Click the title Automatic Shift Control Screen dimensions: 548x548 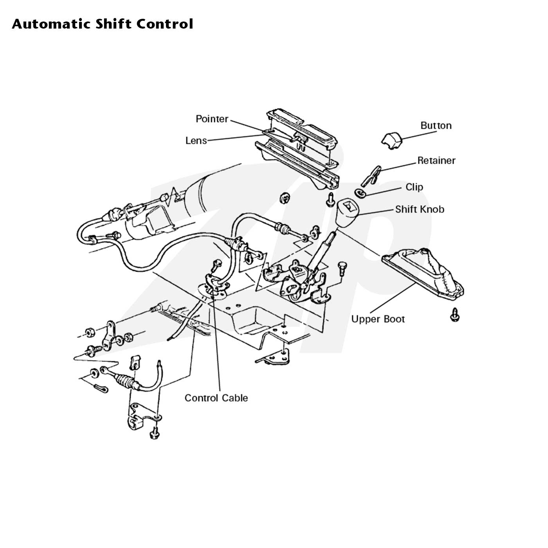point(103,24)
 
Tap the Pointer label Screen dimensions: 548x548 point(212,119)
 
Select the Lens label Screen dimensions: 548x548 point(196,141)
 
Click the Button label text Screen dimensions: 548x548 point(436,126)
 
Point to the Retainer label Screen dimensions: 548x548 point(436,160)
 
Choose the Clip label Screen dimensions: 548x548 point(415,187)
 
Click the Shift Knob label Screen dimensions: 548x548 point(420,209)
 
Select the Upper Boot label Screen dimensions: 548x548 point(378,319)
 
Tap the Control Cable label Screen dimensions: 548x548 point(216,398)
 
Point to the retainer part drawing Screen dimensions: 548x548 point(371,176)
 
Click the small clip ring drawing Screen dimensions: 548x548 point(360,193)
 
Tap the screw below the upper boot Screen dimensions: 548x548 point(455,315)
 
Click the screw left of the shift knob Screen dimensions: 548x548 point(330,200)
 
